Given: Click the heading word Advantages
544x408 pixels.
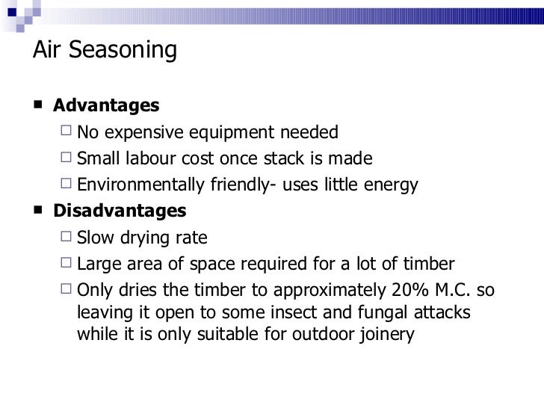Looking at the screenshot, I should tap(106, 105).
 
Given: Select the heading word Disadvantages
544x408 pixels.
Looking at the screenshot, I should tap(120, 211).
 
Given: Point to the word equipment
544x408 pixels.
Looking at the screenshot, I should tap(236, 134).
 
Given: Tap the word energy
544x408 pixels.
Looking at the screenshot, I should tap(389, 185).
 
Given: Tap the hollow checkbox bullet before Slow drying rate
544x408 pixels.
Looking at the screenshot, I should tap(67, 238).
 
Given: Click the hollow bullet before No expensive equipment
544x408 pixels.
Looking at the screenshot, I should tap(67, 134).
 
